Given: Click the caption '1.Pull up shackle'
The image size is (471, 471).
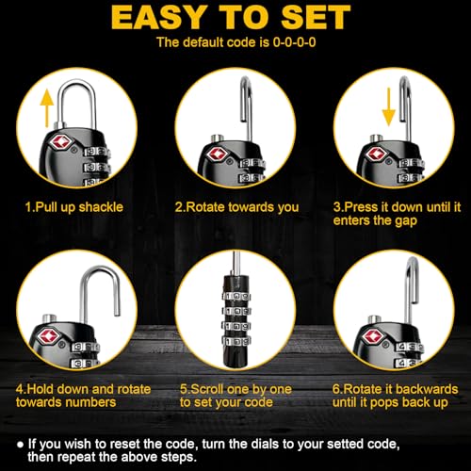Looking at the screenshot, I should point(74,205).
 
